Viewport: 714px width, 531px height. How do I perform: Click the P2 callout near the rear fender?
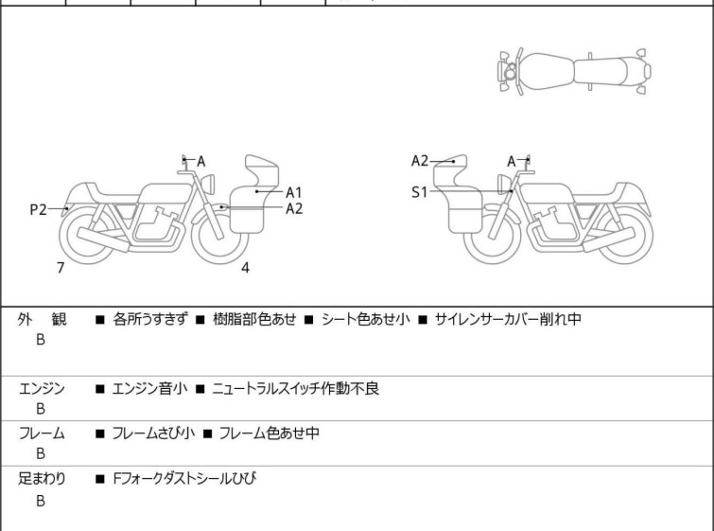(x=38, y=209)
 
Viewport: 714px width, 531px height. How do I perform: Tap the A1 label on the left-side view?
(x=294, y=193)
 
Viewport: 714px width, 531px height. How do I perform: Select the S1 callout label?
(x=419, y=192)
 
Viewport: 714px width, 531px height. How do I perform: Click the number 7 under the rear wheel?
(x=61, y=268)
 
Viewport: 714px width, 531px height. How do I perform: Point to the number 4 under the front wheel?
(x=245, y=268)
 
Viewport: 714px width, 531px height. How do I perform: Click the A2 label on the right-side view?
(x=420, y=161)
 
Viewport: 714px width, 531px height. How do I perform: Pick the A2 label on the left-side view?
(x=294, y=209)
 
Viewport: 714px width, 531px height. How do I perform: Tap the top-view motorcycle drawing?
(x=575, y=72)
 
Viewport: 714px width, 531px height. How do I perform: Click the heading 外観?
(x=42, y=319)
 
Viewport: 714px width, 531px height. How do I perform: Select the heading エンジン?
(x=42, y=389)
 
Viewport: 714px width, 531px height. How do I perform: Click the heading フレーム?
(x=42, y=433)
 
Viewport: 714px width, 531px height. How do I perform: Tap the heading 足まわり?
(x=42, y=479)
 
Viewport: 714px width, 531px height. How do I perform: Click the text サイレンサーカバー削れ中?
(x=508, y=319)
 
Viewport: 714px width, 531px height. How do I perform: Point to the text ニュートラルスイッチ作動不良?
(x=295, y=389)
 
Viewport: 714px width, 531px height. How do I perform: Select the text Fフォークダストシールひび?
(x=184, y=479)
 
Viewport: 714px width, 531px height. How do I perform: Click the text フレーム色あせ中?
(x=270, y=433)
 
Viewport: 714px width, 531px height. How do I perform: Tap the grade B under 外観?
(x=41, y=340)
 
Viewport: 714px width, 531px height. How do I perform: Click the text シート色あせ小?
(x=366, y=319)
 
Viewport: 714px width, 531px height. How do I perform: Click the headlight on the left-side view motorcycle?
(x=208, y=184)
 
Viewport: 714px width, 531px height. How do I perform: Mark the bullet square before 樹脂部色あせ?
(x=200, y=320)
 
